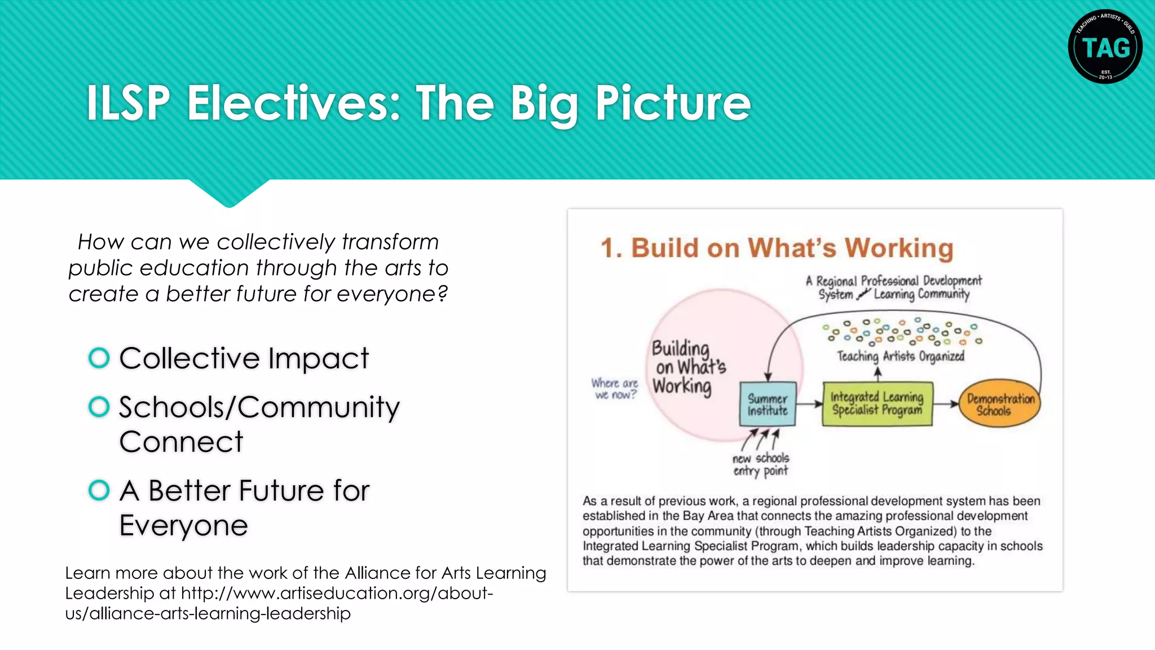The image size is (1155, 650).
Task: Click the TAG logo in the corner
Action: [1105, 46]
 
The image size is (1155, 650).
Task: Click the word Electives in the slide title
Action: [293, 103]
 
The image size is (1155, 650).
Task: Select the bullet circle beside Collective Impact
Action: [99, 358]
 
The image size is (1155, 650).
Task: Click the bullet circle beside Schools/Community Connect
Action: [99, 407]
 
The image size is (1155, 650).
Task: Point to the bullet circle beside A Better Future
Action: [99, 490]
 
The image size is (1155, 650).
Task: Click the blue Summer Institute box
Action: [768, 404]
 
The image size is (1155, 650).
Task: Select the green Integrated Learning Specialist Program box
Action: [877, 404]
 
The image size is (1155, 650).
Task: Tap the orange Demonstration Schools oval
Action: [1000, 404]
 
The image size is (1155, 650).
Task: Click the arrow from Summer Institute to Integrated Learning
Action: [810, 404]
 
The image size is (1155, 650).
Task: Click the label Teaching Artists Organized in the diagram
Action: [900, 357]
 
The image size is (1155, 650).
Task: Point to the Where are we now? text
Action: [615, 389]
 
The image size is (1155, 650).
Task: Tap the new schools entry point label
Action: [760, 464]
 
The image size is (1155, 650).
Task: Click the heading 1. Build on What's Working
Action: [777, 248]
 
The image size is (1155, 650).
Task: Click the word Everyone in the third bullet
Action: [183, 525]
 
